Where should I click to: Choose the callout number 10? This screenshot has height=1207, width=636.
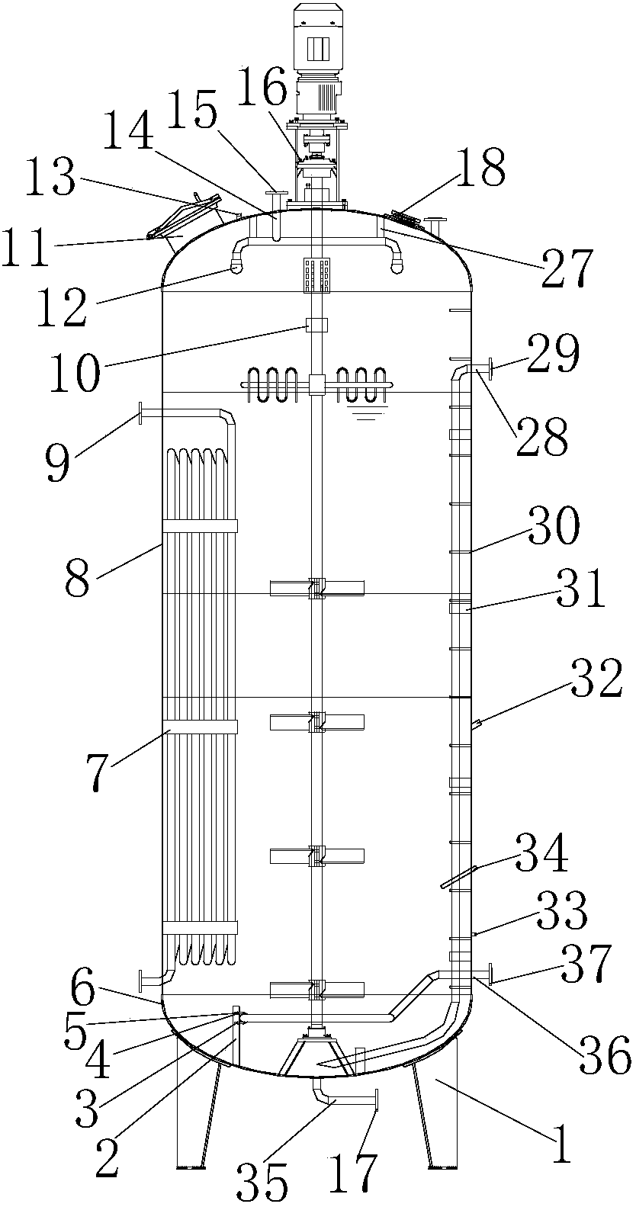(76, 368)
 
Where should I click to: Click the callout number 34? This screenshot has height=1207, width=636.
(542, 853)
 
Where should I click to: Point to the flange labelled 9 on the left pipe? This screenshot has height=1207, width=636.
(141, 413)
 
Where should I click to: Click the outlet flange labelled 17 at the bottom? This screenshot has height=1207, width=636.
(377, 1102)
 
